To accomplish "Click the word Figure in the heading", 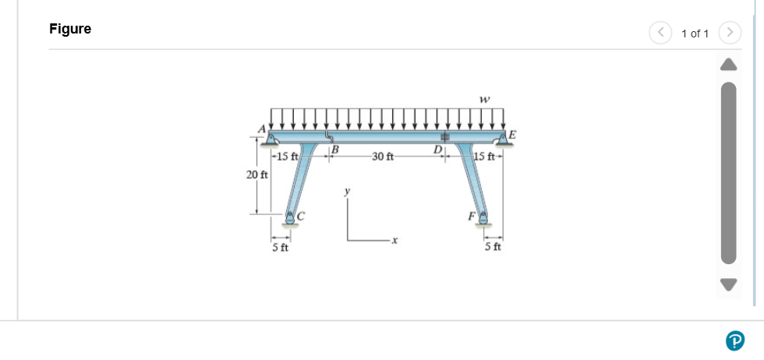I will [70, 29].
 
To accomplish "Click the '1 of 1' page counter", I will [695, 33].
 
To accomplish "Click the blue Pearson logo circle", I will [734, 340].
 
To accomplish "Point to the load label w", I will [485, 99].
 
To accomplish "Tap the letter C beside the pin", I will [301, 214].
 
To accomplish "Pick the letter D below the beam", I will [438, 148].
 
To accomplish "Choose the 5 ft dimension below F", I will [493, 248].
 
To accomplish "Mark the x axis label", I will [394, 243].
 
